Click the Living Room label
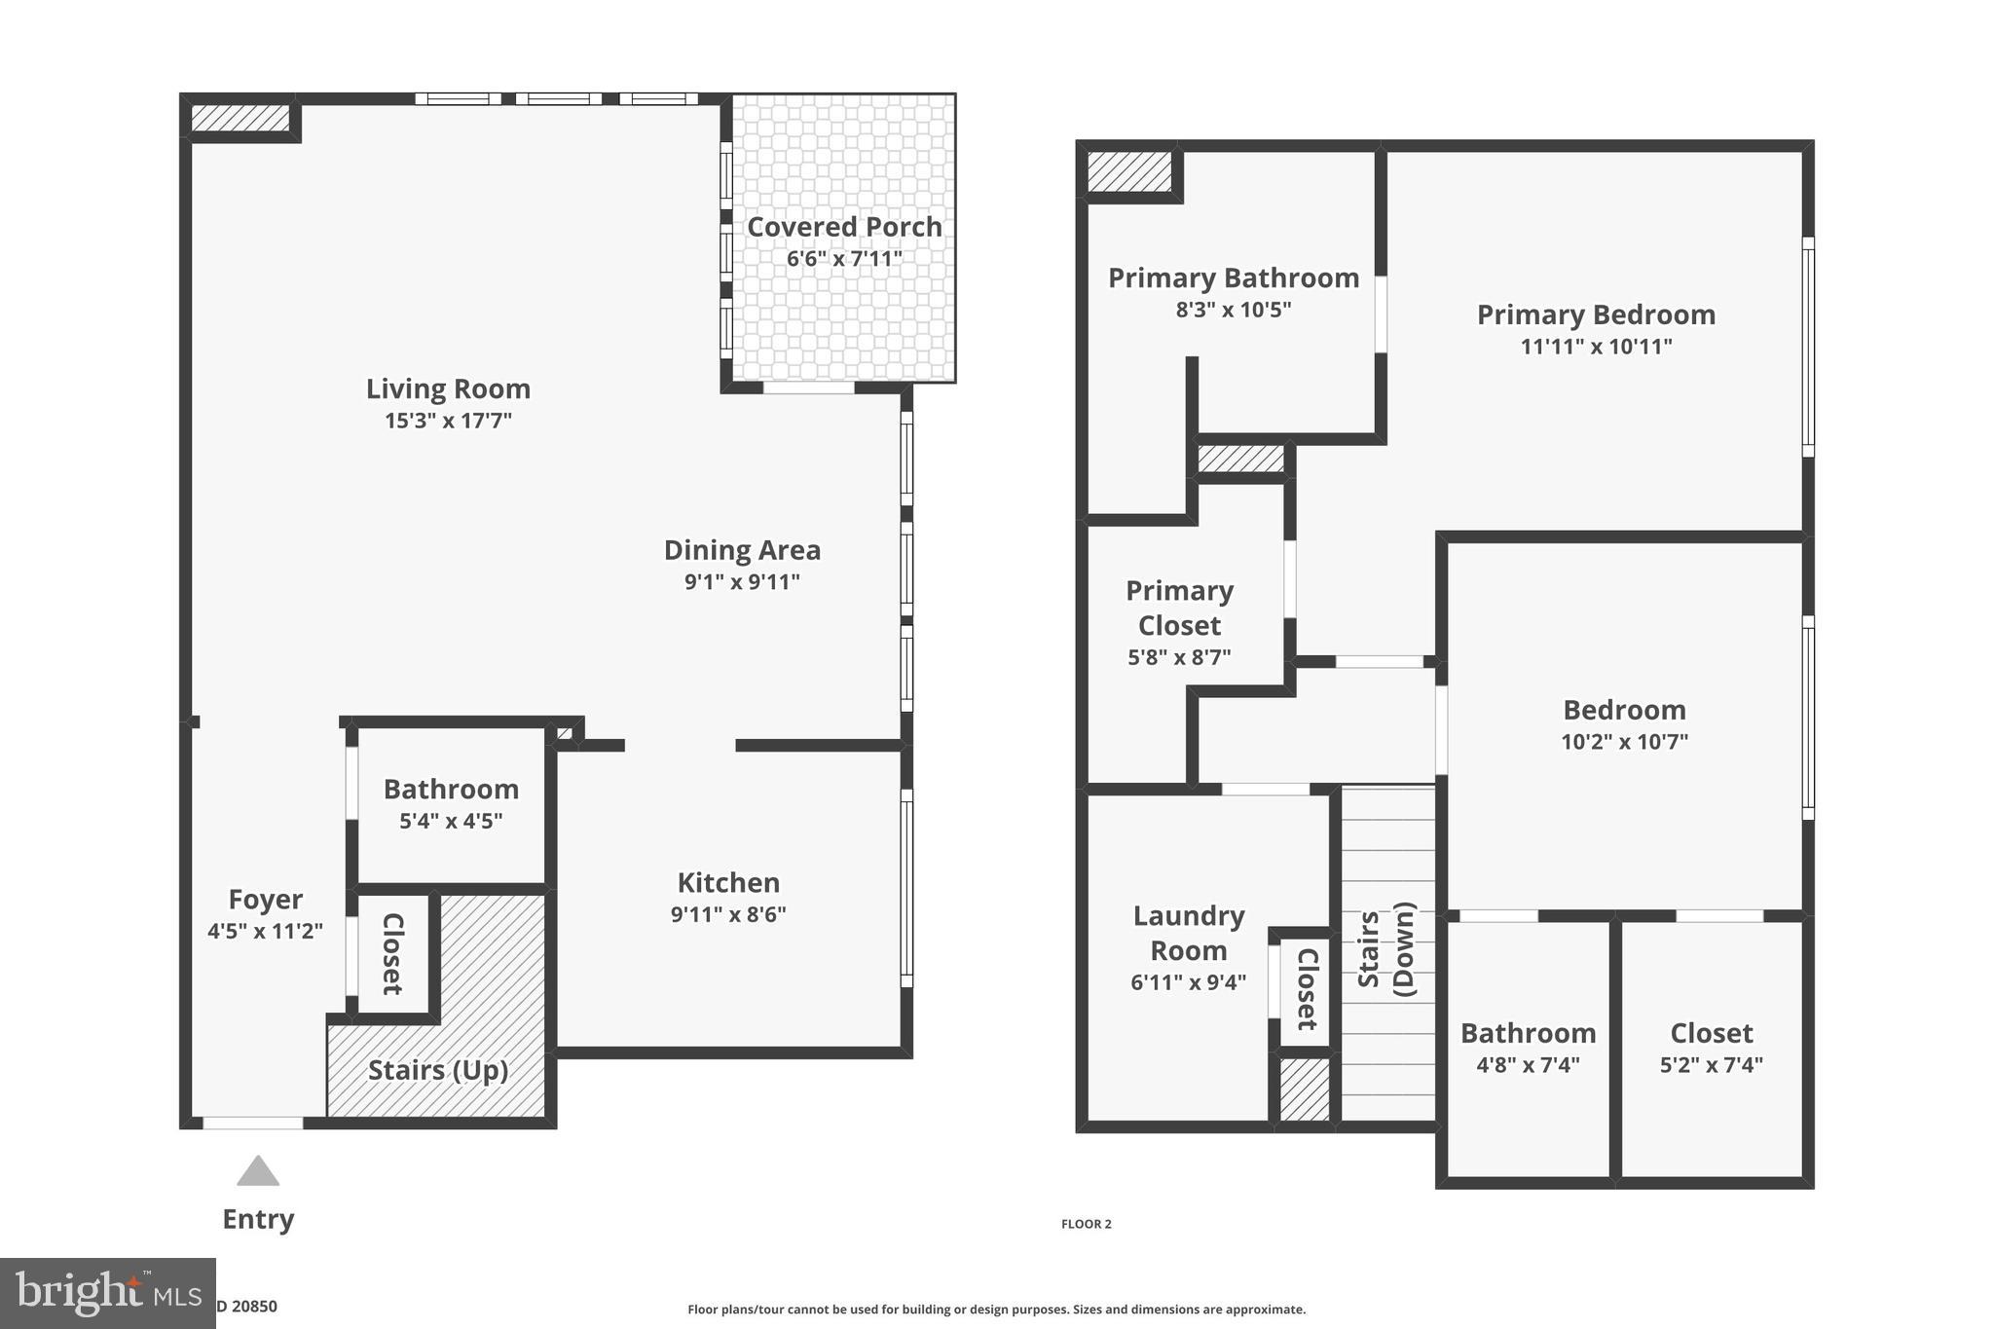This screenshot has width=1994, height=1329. coord(448,388)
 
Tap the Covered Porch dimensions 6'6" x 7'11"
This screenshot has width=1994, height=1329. coord(844,259)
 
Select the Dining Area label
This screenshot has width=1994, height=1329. coord(742,550)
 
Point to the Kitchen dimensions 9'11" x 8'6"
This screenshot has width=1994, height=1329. coord(728,914)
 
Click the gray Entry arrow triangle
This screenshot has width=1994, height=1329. coord(258,1172)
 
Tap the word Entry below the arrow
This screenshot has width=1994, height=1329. coord(258,1219)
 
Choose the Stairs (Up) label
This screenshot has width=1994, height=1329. coord(438,1070)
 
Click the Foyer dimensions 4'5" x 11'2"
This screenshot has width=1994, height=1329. coord(265,931)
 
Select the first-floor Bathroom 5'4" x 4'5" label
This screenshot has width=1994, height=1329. coord(451,789)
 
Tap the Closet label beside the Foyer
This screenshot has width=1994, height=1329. coord(392,953)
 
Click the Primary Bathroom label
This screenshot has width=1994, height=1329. coord(1234,277)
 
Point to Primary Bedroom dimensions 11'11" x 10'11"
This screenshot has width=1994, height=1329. coord(1596,347)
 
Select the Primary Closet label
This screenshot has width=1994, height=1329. coord(1179,608)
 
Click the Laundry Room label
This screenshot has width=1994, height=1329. coord(1189,933)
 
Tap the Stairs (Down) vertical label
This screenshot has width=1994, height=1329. coord(1385,949)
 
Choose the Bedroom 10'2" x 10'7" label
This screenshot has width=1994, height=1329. coord(1624,710)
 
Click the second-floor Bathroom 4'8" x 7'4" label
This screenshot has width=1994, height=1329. coord(1528,1033)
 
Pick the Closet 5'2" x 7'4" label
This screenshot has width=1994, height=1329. coord(1711,1033)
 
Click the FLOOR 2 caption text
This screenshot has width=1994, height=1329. coord(1086,1224)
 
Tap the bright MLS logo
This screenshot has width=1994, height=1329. coord(107,1293)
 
